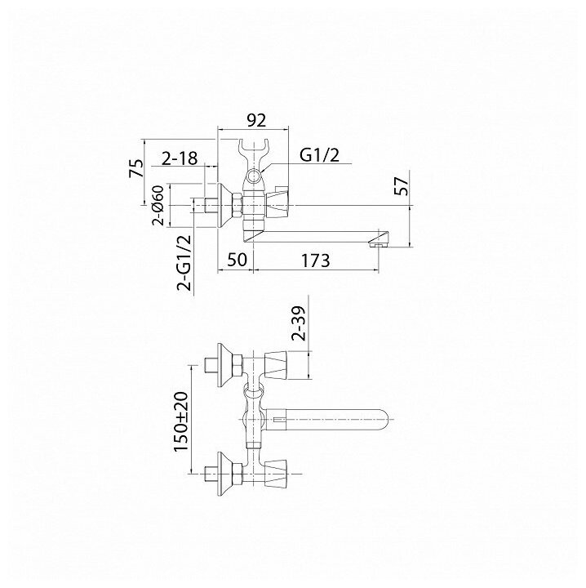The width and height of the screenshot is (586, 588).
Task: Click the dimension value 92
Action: click(x=256, y=120)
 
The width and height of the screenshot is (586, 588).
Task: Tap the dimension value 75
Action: click(x=138, y=167)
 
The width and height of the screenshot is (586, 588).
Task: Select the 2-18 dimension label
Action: click(x=179, y=159)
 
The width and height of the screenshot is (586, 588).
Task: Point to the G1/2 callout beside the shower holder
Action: click(x=317, y=154)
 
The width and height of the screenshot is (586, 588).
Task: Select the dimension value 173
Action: click(x=314, y=261)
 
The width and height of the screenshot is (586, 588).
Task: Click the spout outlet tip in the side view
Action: click(x=378, y=240)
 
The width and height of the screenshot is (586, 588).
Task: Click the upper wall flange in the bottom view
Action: click(x=224, y=363)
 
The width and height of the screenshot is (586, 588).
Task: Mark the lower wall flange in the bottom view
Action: click(x=224, y=471)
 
